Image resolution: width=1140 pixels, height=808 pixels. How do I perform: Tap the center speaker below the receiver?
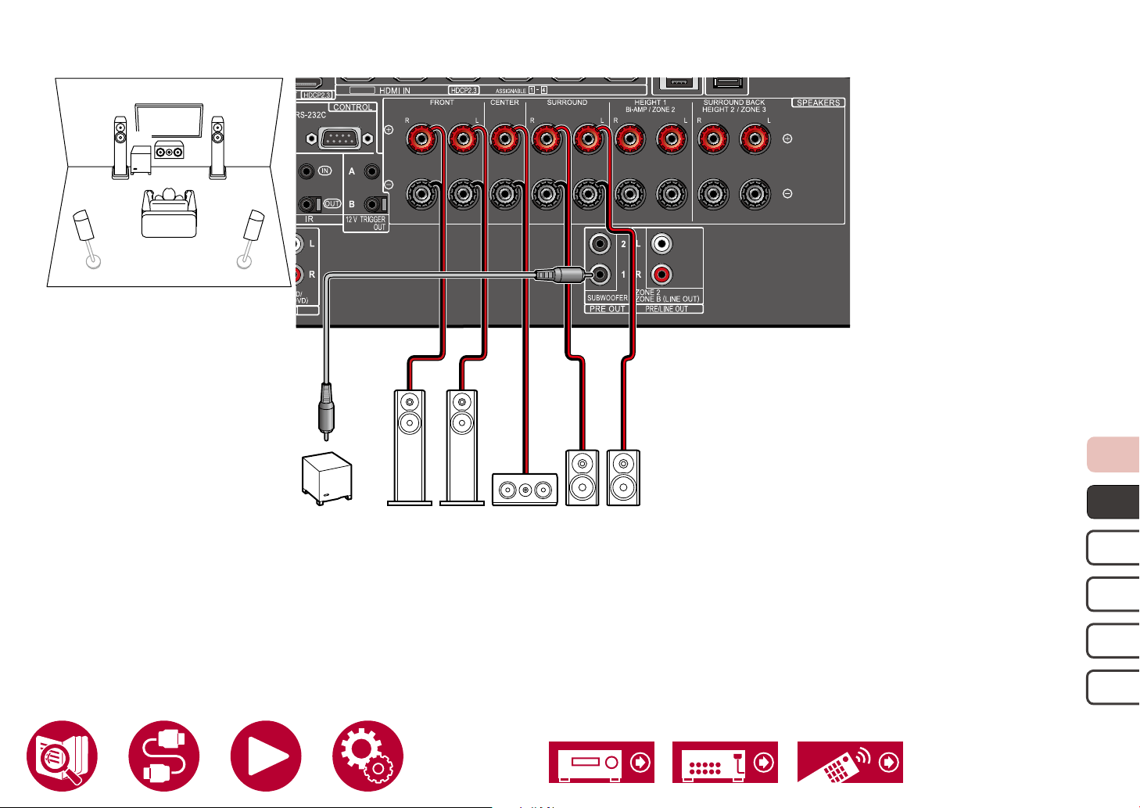click(525, 490)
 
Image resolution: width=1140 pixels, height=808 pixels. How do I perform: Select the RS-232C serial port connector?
click(338, 139)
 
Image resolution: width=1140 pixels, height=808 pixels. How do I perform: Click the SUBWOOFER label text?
click(607, 298)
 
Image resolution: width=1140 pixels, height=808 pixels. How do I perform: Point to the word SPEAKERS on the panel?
click(818, 102)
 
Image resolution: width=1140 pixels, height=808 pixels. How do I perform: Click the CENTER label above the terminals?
click(504, 102)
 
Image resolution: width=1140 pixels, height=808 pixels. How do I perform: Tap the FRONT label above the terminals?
click(442, 102)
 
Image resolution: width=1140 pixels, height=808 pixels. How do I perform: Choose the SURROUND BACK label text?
click(733, 102)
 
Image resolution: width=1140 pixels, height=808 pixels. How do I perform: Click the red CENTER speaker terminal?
click(504, 140)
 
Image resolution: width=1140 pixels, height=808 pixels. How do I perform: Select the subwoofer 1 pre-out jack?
click(600, 275)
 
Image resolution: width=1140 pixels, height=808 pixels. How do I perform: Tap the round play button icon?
click(266, 756)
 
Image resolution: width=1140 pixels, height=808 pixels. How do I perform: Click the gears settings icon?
click(367, 756)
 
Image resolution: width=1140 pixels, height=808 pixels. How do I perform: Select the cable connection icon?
click(164, 756)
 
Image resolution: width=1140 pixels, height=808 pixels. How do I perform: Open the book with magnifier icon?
click(62, 756)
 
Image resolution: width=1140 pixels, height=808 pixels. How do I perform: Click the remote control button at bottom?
click(850, 762)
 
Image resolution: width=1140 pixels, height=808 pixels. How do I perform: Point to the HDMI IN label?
click(395, 91)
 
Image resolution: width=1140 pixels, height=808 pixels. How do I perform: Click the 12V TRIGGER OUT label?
click(366, 223)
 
